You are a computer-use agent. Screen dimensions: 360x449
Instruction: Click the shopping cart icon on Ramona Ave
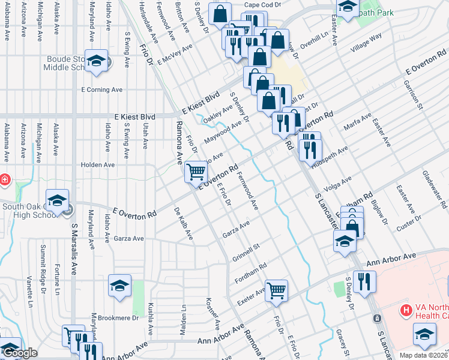(x=196, y=172)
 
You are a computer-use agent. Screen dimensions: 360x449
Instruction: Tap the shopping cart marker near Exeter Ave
(x=276, y=290)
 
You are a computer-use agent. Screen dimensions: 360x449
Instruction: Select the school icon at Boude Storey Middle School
(x=96, y=61)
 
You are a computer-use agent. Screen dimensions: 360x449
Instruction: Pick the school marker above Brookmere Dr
(x=119, y=286)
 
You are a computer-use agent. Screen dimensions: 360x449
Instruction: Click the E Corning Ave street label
(x=101, y=89)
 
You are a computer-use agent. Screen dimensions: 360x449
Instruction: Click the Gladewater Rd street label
(x=434, y=189)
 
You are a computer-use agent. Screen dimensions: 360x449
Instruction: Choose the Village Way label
(x=367, y=43)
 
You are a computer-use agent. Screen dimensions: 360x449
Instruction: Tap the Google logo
(x=19, y=353)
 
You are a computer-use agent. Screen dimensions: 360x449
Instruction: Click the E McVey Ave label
(x=175, y=53)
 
